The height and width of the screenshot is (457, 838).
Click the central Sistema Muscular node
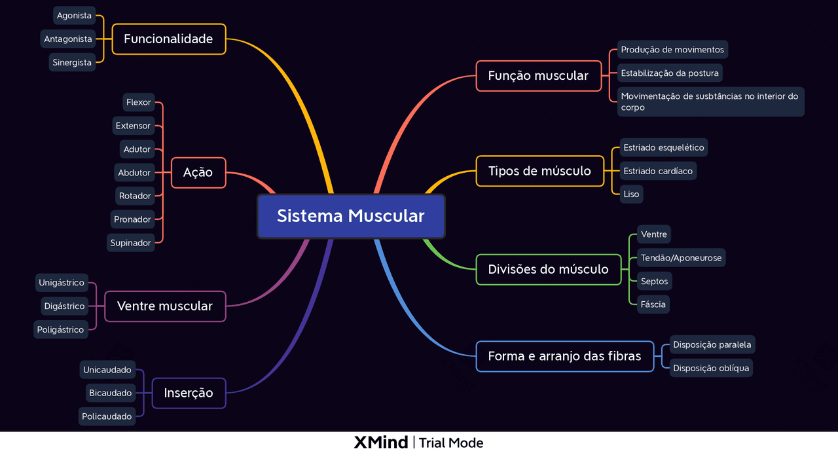pos(351,216)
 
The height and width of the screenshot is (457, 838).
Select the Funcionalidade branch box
pos(168,39)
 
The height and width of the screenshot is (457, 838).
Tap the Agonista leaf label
pos(74,16)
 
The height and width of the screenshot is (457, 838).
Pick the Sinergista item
pos(72,63)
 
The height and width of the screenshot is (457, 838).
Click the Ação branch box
pos(198,173)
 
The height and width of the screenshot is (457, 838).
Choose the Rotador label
pos(135,196)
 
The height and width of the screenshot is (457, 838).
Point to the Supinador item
pos(131,243)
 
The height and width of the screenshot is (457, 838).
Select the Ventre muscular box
pos(164,306)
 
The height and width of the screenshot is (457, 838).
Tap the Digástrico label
pos(64,306)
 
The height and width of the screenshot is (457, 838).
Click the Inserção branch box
pos(189,393)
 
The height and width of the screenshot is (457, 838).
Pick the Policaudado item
pos(107,416)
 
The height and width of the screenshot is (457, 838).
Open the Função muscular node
pos(538,76)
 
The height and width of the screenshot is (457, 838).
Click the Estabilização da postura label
pos(670,73)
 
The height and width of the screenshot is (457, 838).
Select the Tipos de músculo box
pos(539,171)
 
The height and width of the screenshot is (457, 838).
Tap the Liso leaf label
pos(631,194)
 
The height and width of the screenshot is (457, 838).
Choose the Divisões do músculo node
pos(548,270)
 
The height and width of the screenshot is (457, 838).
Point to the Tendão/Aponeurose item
pos(681,258)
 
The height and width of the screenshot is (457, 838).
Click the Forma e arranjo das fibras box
pos(564,357)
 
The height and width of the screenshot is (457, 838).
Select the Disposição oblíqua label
pos(710,368)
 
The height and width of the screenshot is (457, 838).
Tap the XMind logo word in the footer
pos(380,443)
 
